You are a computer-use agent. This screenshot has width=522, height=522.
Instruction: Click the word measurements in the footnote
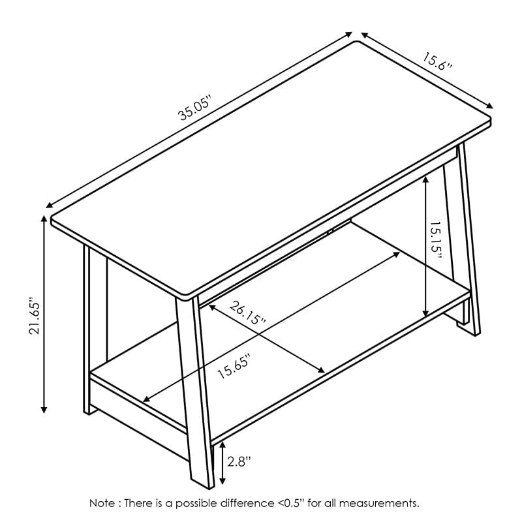(386, 503)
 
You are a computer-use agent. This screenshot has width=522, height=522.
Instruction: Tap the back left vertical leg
(87, 326)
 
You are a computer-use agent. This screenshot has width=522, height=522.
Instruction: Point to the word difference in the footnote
(250, 503)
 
